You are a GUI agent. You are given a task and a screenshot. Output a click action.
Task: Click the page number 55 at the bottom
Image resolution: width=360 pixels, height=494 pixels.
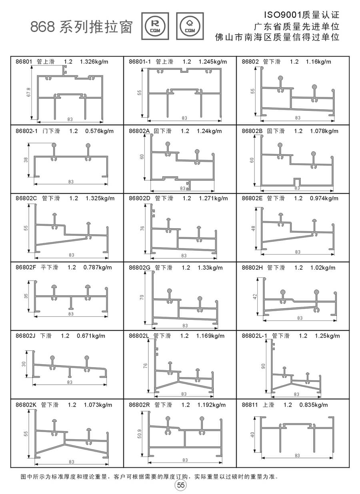[x=180, y=486]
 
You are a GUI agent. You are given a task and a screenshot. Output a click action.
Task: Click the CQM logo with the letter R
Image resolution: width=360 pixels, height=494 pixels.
[x=155, y=26]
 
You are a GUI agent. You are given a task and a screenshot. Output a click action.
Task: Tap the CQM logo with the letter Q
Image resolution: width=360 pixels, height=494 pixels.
[x=190, y=26]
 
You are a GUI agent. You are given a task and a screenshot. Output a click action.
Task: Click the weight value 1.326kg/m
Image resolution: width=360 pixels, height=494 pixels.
[x=94, y=62]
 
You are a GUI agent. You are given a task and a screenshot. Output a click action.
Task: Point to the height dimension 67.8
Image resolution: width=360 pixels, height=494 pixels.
[x=30, y=94]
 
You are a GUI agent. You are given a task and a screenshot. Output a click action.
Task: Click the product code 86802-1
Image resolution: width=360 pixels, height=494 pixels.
[x=26, y=131]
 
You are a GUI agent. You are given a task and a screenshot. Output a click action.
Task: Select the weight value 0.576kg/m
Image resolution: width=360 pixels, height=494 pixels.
[x=100, y=131]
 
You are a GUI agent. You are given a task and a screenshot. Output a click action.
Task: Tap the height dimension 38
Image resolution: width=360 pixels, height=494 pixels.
[x=26, y=160]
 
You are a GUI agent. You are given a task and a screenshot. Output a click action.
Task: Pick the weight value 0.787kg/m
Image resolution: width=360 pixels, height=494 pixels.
[x=98, y=267]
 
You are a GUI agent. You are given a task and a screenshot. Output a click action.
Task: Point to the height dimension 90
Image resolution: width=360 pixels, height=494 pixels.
[x=264, y=366]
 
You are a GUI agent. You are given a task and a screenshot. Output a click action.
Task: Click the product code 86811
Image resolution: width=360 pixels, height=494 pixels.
[x=250, y=405]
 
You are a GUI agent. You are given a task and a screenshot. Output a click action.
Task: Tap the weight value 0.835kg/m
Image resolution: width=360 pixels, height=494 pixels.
[x=314, y=405]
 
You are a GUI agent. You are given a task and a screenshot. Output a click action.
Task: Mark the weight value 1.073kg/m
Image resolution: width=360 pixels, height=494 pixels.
[x=98, y=405]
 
